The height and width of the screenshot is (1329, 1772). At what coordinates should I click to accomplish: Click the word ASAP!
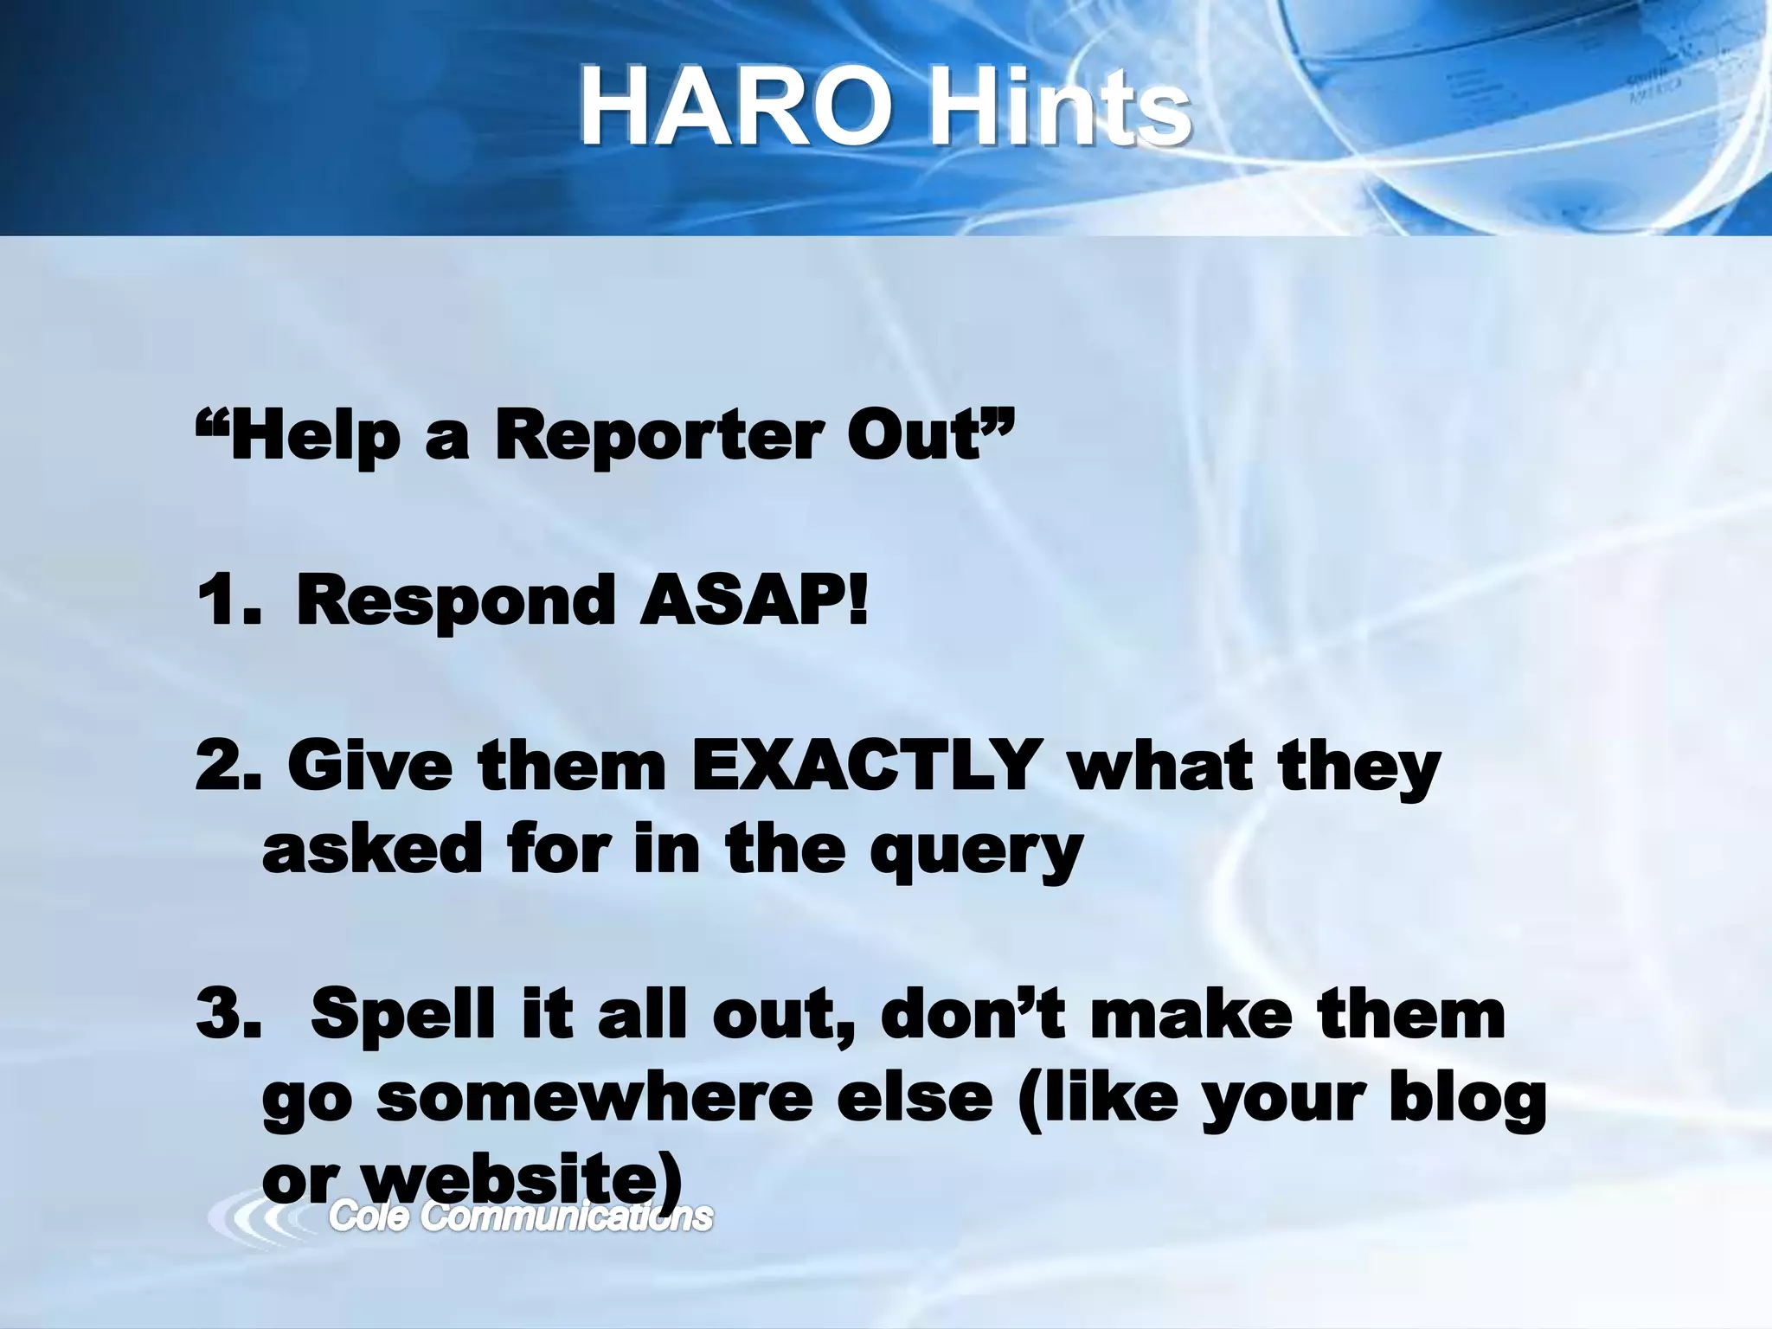click(x=753, y=602)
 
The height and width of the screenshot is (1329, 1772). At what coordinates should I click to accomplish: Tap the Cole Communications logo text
click(x=521, y=1217)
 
